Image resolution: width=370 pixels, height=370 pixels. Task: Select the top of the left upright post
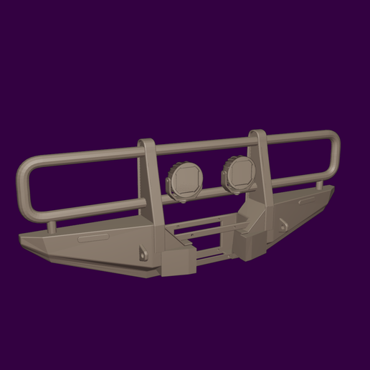tap(146, 143)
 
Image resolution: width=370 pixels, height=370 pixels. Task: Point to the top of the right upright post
tap(257, 134)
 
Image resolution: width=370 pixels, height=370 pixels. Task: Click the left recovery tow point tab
tap(142, 253)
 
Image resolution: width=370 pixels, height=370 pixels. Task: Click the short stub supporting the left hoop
tap(52, 226)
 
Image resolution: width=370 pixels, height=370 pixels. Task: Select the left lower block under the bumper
tap(175, 264)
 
